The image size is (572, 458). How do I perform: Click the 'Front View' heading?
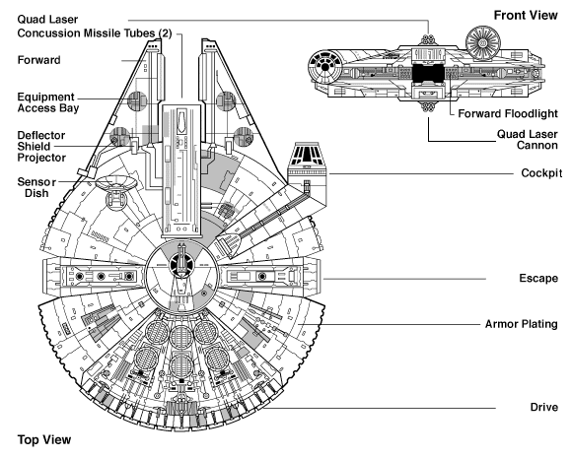point(526,16)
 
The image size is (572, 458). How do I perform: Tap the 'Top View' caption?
point(44,439)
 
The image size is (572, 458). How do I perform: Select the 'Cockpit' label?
point(541,172)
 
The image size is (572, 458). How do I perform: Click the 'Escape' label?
point(538,279)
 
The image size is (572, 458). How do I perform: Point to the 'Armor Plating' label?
point(522,324)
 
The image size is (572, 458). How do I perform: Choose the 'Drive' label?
point(544,407)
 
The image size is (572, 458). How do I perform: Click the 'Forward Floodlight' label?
point(508,113)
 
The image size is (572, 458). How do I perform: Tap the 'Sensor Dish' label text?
point(36,187)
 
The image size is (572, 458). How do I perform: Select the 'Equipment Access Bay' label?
point(47,102)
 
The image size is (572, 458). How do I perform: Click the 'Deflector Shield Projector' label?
point(41,147)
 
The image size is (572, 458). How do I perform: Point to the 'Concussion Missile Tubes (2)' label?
point(94,33)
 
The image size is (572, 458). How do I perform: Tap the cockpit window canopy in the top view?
point(307,154)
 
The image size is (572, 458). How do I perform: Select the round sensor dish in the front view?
point(482,42)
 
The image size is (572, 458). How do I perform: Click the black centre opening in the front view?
point(428,73)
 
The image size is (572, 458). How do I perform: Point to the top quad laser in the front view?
point(429,40)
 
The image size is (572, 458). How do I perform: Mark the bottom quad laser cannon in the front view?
point(429,107)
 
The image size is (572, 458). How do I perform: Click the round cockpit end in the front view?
point(324,67)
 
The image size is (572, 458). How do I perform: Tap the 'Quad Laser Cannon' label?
point(528,140)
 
